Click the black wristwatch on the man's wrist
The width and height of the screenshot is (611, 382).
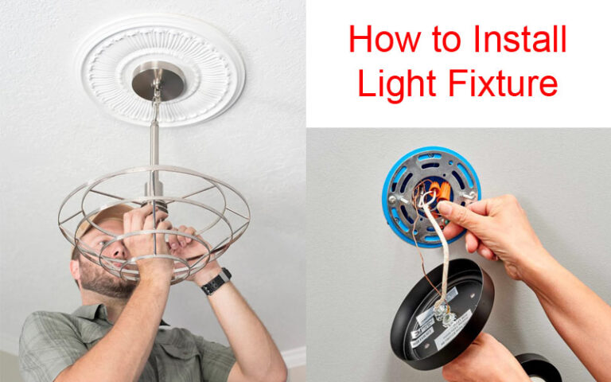[x=216, y=281]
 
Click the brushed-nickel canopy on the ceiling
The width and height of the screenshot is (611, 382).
[x=158, y=80]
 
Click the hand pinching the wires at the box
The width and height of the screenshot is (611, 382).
[x=477, y=223]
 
